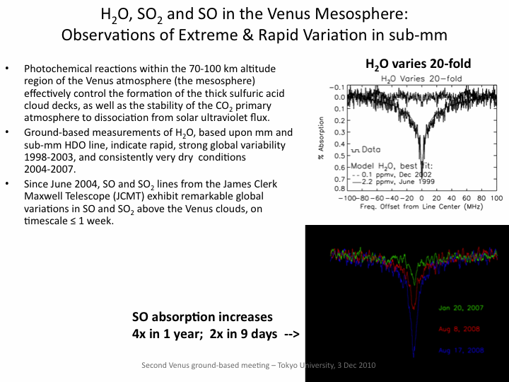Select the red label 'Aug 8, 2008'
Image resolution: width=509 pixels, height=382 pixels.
tap(462, 330)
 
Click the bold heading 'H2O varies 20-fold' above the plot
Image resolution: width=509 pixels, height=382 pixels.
tap(418, 64)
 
